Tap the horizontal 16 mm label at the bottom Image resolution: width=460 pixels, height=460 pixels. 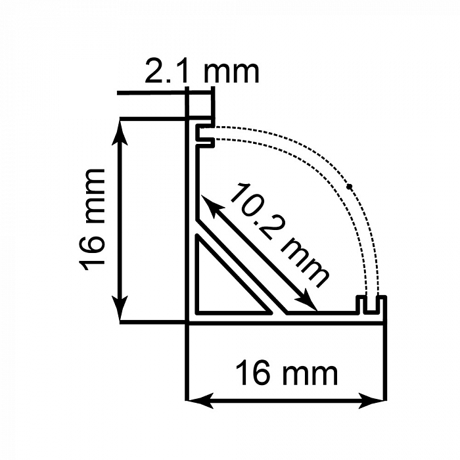click(x=287, y=374)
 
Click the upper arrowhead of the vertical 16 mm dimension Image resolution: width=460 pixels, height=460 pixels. click(x=120, y=129)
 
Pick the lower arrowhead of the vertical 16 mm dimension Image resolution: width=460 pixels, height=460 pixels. click(x=120, y=311)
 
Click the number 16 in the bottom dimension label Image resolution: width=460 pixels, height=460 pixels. click(x=252, y=374)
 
